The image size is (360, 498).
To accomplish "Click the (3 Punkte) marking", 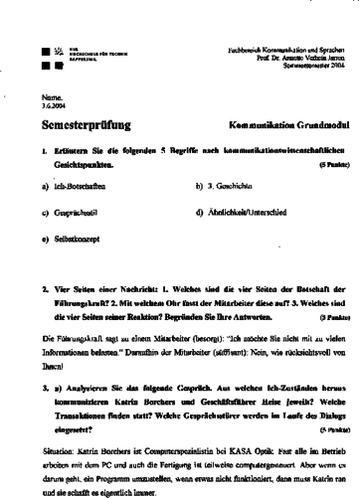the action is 333,318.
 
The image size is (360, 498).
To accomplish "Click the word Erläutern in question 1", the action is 71,152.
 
